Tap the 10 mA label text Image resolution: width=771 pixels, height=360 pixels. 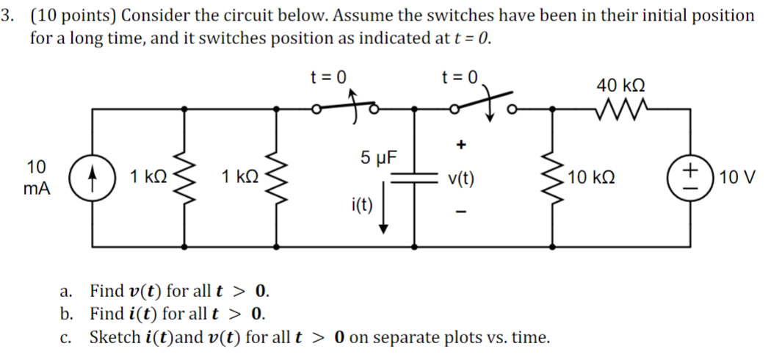coord(35,176)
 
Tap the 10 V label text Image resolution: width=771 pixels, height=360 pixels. coord(737,178)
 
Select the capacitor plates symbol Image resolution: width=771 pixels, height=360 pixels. coord(416,177)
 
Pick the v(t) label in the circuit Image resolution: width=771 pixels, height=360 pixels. coord(461,178)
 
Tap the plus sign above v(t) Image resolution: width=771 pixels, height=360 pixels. coord(461,145)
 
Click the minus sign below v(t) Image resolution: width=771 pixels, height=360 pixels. coord(461,213)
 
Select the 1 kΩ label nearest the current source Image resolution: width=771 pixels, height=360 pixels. coord(148,177)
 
